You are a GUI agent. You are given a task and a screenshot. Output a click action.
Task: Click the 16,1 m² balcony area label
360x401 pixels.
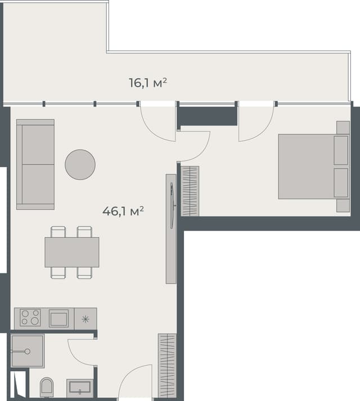point(148,83)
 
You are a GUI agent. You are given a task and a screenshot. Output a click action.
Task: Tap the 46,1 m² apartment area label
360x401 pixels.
point(123,211)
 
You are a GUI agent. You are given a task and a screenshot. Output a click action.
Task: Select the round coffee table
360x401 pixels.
point(80,164)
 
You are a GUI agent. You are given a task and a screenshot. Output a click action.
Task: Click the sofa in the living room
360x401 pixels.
point(35,164)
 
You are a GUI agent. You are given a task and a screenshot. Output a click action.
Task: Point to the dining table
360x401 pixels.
point(72,252)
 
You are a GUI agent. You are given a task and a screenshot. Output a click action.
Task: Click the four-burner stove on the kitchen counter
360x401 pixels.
point(30,318)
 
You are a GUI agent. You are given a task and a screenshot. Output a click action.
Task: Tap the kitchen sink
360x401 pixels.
point(58,318)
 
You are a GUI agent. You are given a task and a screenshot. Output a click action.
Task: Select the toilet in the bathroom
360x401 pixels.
point(47,387)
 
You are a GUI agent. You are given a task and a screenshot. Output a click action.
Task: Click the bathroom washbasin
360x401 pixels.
point(79,388)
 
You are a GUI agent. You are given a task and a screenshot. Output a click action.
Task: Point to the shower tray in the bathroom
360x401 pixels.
point(27,352)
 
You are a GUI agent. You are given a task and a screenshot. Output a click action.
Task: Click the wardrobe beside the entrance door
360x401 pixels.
point(168,366)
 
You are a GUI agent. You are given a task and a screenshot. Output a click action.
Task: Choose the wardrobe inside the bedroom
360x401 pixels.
point(190,191)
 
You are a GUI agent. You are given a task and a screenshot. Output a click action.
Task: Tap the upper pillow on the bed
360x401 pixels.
point(341,150)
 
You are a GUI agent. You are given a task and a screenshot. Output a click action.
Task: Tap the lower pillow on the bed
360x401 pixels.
point(341,182)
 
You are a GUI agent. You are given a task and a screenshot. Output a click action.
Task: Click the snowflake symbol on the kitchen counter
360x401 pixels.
point(85,319)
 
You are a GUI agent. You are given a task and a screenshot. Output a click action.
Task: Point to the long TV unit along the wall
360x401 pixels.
point(170,228)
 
